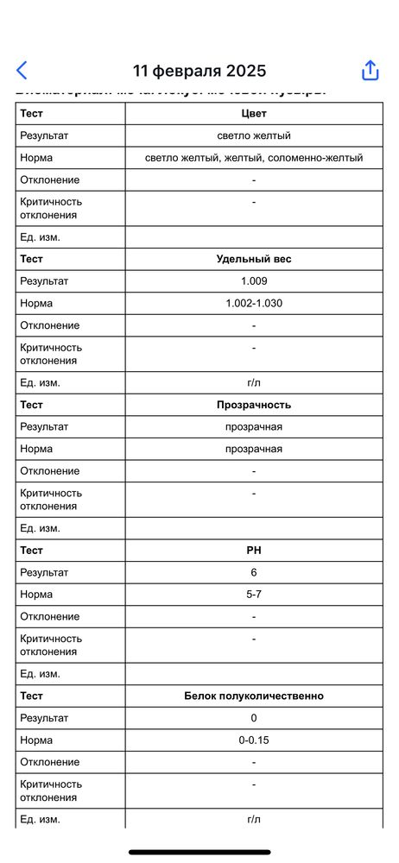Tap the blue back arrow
22,71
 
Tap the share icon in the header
370,71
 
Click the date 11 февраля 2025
199,71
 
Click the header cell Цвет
254,113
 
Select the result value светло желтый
254,135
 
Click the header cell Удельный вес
254,259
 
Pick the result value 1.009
254,281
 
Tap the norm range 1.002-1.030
254,304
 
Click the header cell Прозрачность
254,405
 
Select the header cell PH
254,550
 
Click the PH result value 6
254,572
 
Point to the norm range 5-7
254,595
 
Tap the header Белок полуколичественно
254,696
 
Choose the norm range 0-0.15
254,740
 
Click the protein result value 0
254,718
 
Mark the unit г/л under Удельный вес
254,382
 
